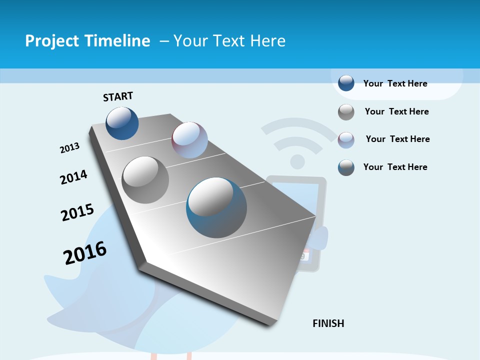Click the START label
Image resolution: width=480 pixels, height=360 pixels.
tap(118, 96)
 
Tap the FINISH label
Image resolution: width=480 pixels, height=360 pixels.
tap(328, 323)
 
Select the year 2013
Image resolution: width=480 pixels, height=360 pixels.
tap(69, 148)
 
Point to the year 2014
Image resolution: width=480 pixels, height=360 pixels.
tap(73, 177)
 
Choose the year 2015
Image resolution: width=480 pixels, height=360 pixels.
tap(77, 212)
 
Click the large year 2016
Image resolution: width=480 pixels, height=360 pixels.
tap(85, 252)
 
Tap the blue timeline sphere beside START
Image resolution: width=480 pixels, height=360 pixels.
tap(122, 123)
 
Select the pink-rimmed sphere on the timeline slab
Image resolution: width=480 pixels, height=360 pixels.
tap(189, 140)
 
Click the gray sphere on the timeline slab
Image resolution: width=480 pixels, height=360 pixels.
tap(145, 179)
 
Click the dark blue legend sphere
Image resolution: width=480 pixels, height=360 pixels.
tap(346, 83)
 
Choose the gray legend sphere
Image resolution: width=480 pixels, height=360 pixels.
tap(346, 112)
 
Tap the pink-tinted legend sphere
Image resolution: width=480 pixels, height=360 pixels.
tap(346, 139)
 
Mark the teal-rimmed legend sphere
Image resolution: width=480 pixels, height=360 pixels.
tap(346, 167)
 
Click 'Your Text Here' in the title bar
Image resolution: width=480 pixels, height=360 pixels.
tap(229, 41)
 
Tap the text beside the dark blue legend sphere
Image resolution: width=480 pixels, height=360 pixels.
tap(395, 83)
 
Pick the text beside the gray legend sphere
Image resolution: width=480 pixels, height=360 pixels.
tap(396, 111)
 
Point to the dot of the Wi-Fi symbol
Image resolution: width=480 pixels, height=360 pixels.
tap(297, 161)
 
